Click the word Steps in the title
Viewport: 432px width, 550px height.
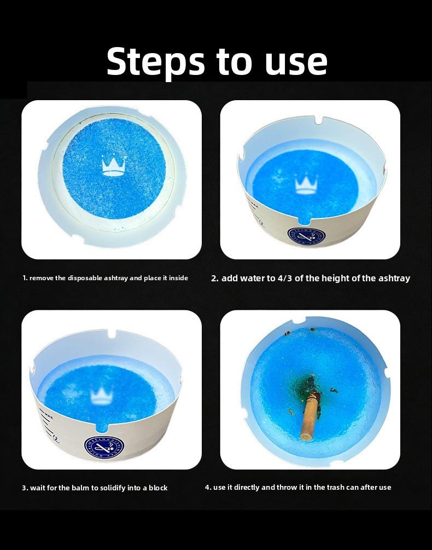pyautogui.click(x=155, y=62)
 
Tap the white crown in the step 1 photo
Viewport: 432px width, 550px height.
pyautogui.click(x=113, y=165)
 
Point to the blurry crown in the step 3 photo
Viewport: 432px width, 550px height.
pyautogui.click(x=102, y=396)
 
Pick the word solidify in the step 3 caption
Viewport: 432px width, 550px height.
pyautogui.click(x=113, y=488)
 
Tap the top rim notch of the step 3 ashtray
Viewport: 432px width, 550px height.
pyautogui.click(x=112, y=333)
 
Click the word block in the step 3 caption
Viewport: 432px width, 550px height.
pyautogui.click(x=158, y=488)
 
